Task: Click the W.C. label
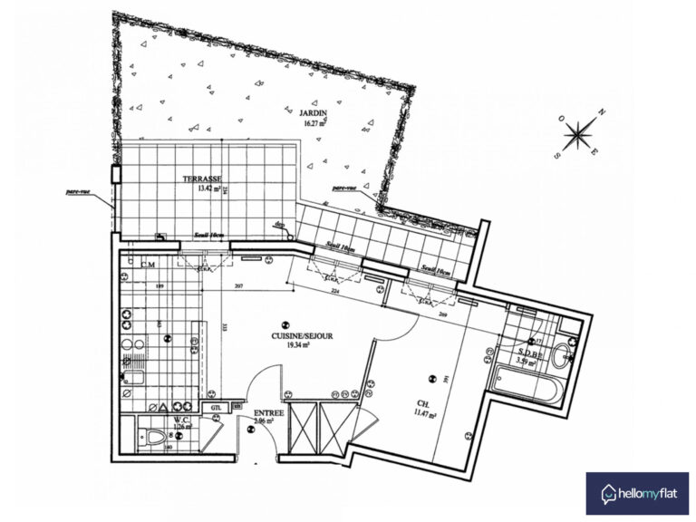(x=179, y=420)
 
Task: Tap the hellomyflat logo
(x=636, y=494)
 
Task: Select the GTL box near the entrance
(x=216, y=409)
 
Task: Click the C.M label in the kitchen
(x=149, y=265)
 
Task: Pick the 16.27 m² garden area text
(x=313, y=123)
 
